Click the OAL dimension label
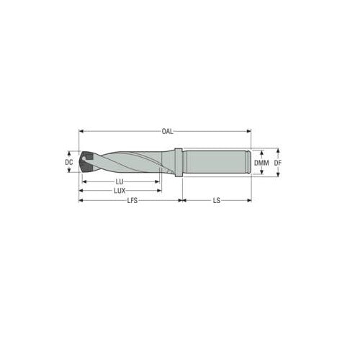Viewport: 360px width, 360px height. coord(166,131)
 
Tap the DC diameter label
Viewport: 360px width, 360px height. coord(69,163)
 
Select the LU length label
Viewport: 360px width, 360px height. coord(120,182)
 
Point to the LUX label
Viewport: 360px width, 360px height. coord(120,191)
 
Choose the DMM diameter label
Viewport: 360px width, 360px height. coord(262,163)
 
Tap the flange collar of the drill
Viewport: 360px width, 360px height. coord(177,163)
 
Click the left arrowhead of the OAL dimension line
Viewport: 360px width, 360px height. coord(81,131)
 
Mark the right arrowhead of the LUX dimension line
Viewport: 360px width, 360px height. coord(159,191)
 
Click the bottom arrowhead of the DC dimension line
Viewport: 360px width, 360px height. coord(69,174)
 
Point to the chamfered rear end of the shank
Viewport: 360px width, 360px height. coord(249,163)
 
